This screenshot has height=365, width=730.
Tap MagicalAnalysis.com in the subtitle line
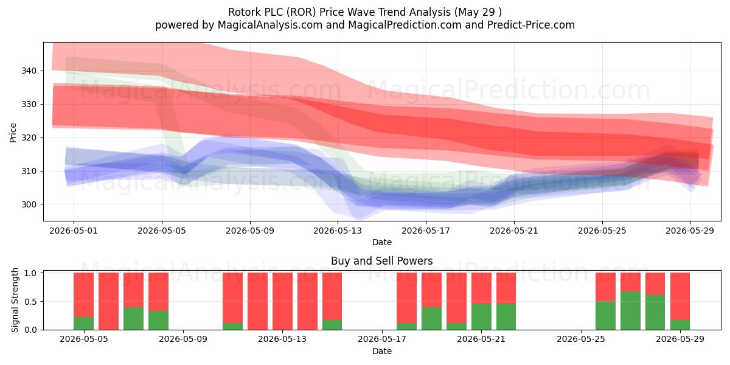click(x=270, y=25)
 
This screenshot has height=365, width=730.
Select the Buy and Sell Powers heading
click(x=381, y=261)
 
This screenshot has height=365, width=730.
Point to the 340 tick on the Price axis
click(x=29, y=71)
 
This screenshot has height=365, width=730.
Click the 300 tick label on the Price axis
click(x=29, y=204)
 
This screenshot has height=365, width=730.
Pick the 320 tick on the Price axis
click(x=29, y=137)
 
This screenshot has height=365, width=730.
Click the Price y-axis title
click(x=13, y=133)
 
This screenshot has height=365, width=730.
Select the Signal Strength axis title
click(x=15, y=300)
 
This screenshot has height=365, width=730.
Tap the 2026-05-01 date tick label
click(x=74, y=231)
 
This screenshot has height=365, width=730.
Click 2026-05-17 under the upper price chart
click(x=426, y=231)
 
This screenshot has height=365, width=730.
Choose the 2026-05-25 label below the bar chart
click(x=581, y=339)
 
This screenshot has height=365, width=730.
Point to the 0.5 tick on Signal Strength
click(x=30, y=302)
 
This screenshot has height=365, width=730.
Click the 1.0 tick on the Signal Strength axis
click(x=30, y=273)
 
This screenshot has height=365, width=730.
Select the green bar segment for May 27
click(x=630, y=311)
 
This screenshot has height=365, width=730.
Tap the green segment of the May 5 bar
click(x=83, y=323)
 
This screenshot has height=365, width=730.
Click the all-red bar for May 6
click(x=108, y=301)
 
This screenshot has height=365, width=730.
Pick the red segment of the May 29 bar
click(x=680, y=296)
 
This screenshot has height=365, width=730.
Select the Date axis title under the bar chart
click(x=382, y=351)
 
